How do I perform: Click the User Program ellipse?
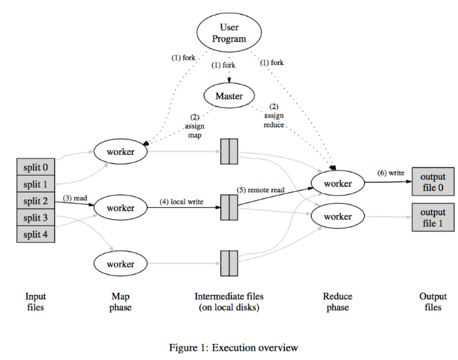click(229, 33)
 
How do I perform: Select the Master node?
click(229, 95)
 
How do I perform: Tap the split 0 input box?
click(36, 167)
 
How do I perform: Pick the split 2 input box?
click(36, 200)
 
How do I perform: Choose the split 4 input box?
click(36, 234)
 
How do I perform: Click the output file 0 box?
click(433, 182)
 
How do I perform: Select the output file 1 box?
click(433, 217)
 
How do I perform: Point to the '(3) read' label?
click(75, 198)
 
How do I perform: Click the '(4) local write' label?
click(181, 202)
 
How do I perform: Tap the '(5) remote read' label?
click(260, 190)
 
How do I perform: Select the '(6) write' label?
click(391, 173)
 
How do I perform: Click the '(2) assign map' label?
click(194, 126)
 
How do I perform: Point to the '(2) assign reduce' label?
click(274, 115)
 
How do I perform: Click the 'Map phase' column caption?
click(120, 302)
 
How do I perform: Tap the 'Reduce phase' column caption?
click(338, 302)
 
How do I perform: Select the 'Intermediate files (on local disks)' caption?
click(229, 302)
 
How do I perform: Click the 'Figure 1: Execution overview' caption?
click(233, 347)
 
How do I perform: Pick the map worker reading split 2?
click(120, 208)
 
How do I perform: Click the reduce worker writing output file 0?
click(338, 183)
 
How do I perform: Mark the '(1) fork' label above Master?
click(223, 65)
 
